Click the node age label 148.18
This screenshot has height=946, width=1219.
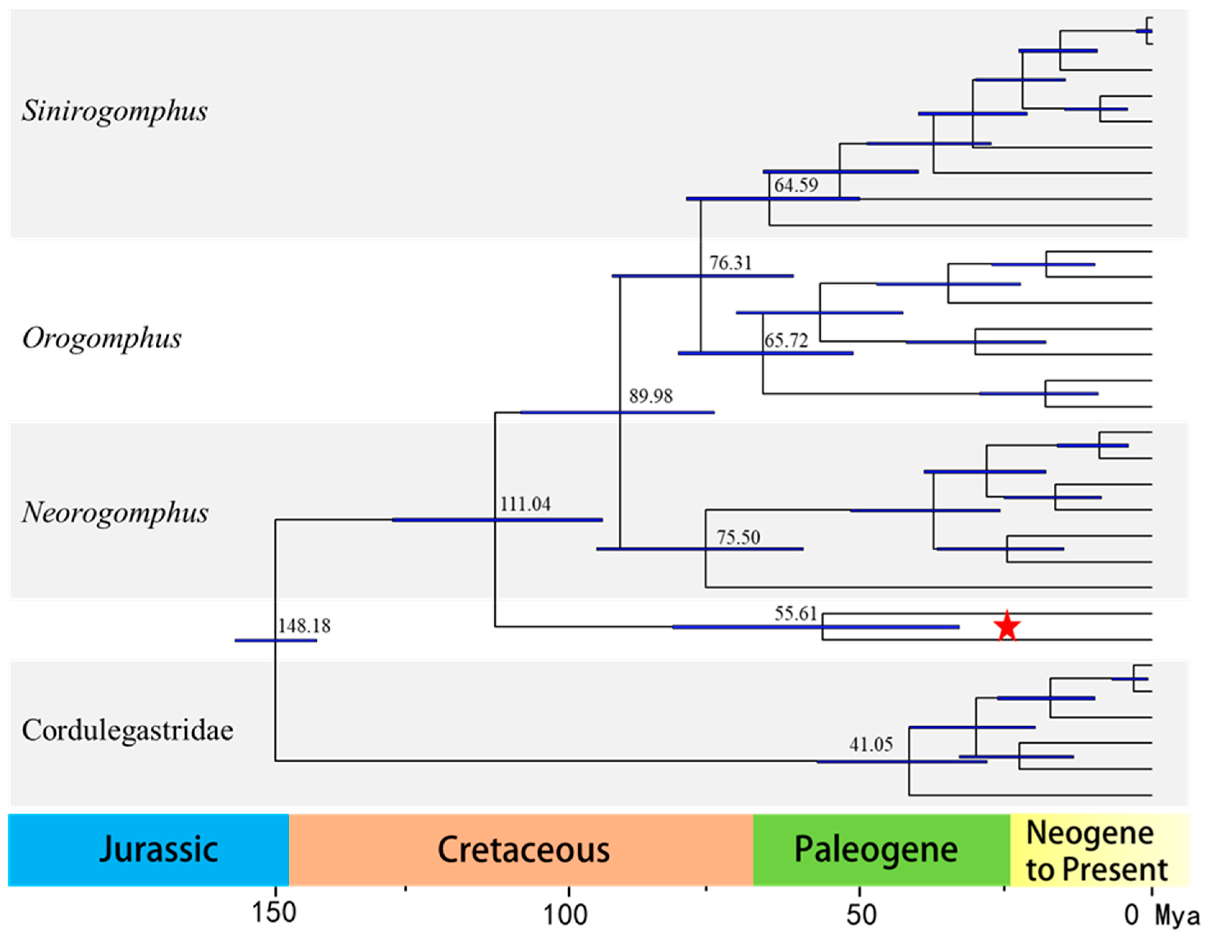[304, 626]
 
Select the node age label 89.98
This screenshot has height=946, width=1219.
[651, 396]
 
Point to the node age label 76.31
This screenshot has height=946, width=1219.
[730, 262]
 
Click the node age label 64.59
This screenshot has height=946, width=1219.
[796, 185]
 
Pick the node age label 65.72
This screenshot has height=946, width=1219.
[786, 340]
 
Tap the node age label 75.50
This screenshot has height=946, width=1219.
[738, 537]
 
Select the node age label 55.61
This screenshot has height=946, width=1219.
[796, 614]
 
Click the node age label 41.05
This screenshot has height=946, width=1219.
[871, 744]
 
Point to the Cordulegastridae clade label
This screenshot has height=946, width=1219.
[127, 730]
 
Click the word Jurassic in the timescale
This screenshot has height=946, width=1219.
[159, 849]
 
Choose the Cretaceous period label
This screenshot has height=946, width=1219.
[523, 849]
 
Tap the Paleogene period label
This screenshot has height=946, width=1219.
[876, 849]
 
